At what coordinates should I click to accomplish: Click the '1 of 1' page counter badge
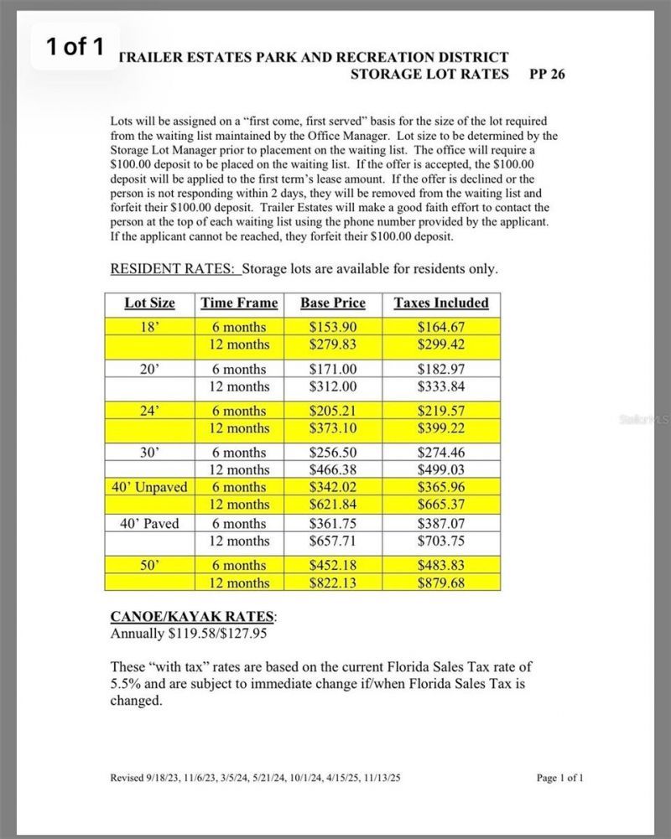(x=75, y=47)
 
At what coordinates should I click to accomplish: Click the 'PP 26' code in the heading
(x=548, y=74)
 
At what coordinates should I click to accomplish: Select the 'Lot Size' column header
(x=149, y=303)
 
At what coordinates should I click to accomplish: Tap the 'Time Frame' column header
(x=239, y=303)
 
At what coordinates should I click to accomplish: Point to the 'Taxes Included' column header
(x=441, y=303)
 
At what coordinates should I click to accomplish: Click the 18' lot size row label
(x=149, y=327)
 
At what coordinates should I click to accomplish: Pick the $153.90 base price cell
(x=333, y=327)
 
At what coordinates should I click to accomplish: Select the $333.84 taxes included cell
(x=441, y=386)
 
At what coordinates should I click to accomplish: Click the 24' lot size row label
(x=149, y=411)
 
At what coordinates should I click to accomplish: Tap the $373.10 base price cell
(x=333, y=428)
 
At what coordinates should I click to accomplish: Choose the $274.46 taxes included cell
(x=441, y=453)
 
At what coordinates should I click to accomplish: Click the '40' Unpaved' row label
(x=149, y=487)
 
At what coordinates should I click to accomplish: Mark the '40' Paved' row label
(x=149, y=524)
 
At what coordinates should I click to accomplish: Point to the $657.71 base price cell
(x=333, y=541)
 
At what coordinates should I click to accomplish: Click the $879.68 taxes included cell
(x=441, y=583)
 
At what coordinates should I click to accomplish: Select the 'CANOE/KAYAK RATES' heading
(x=193, y=617)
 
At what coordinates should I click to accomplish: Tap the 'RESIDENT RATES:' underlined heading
(x=174, y=269)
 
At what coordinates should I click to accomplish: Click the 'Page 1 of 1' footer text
(x=560, y=778)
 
